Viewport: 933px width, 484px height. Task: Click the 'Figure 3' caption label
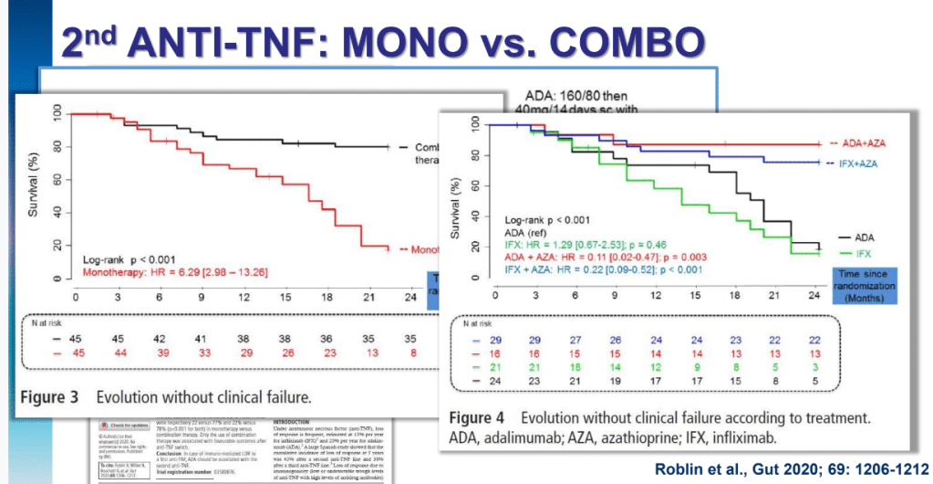point(55,398)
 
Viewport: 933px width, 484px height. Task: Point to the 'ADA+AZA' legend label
point(864,143)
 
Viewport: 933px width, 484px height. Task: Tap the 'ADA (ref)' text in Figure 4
point(529,233)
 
